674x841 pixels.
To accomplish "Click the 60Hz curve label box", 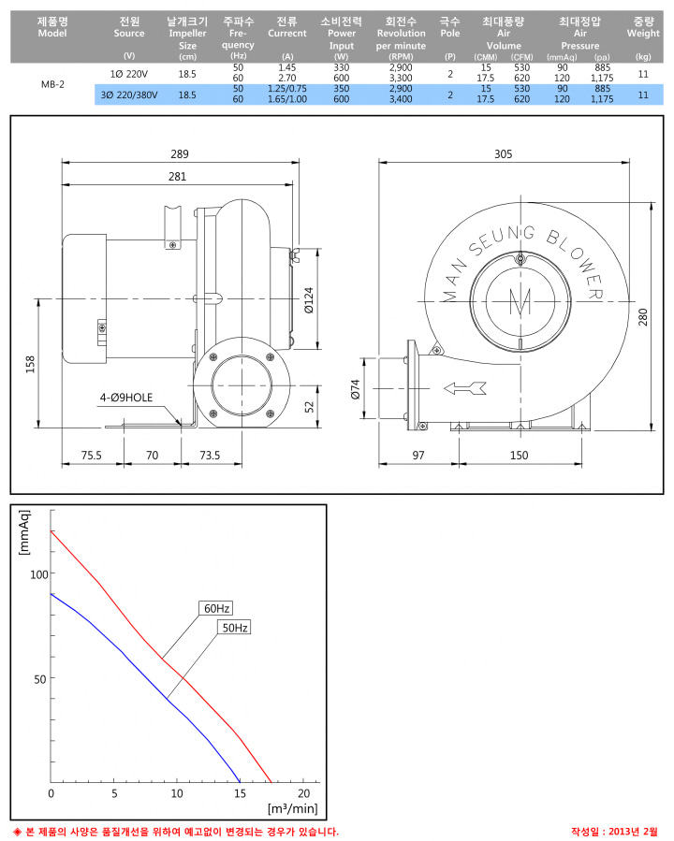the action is (216, 608).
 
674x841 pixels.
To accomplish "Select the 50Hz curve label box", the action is (235, 628).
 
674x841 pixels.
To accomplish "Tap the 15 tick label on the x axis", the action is (240, 793).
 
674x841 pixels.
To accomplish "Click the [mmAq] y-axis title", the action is (24, 532).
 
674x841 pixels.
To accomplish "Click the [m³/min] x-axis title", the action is (292, 808).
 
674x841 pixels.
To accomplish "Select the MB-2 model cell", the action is (52, 84).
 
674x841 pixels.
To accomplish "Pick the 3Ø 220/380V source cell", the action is (129, 94).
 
